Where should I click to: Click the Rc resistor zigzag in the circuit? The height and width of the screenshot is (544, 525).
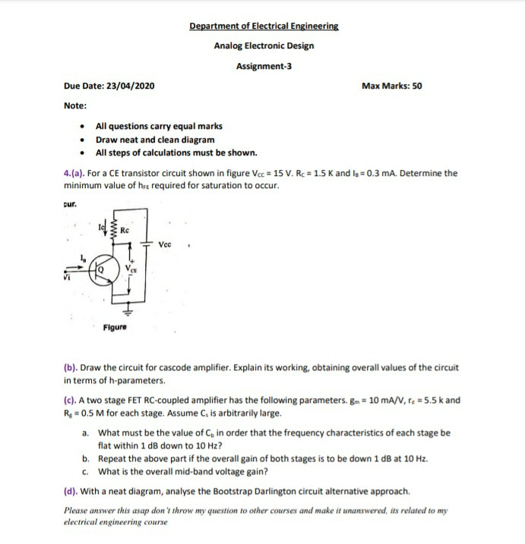point(115,228)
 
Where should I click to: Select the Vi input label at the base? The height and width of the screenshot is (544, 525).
point(68,278)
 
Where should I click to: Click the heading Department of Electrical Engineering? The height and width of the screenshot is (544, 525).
point(264,26)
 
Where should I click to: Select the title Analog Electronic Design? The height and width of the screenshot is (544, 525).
point(264,46)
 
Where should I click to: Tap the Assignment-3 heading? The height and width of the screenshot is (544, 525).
point(264,66)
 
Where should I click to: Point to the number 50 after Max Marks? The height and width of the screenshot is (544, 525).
point(416,86)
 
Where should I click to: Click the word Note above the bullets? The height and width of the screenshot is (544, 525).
point(74,105)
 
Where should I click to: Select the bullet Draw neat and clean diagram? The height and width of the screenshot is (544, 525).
point(154,140)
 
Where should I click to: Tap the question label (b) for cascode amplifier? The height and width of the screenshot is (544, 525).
point(71,367)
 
